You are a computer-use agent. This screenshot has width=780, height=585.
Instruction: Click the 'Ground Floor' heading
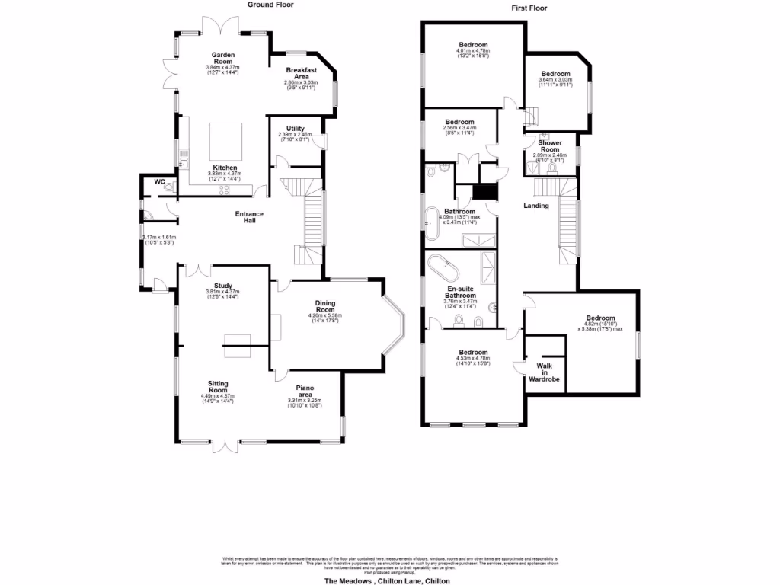[x=270, y=4]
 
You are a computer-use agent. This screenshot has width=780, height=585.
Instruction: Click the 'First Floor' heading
[x=529, y=8]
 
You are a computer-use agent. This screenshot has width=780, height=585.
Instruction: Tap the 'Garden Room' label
[x=223, y=58]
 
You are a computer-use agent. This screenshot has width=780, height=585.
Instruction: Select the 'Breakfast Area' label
[x=302, y=72]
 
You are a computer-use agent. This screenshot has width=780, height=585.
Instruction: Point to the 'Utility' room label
[x=296, y=128]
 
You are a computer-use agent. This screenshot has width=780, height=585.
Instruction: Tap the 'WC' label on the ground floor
[x=160, y=182]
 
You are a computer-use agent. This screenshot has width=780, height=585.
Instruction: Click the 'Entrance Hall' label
[x=249, y=217]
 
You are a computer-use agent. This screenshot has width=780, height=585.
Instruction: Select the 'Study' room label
[x=222, y=286]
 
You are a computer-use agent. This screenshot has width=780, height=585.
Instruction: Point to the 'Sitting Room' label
[x=219, y=387]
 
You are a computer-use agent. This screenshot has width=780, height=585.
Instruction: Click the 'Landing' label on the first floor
[x=536, y=206]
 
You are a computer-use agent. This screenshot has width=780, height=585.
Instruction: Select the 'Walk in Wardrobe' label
[x=545, y=372]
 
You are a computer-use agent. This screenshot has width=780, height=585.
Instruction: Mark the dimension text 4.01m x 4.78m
[x=473, y=51]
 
